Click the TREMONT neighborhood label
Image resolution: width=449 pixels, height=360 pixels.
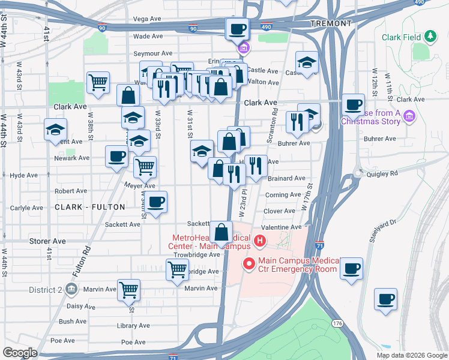pyautogui.click(x=331, y=23)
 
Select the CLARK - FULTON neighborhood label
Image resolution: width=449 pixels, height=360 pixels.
pyautogui.click(x=90, y=207)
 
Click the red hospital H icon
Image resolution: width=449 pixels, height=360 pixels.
pyautogui.click(x=260, y=242)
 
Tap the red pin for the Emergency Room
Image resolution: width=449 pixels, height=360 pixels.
pyautogui.click(x=247, y=263)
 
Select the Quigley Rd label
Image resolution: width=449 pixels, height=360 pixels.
pyautogui.click(x=385, y=173)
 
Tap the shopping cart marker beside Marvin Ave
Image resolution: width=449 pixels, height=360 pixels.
pyautogui.click(x=128, y=290)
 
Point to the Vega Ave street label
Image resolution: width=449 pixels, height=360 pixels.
pyautogui.click(x=148, y=19)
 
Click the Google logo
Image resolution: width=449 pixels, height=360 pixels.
pyautogui.click(x=20, y=353)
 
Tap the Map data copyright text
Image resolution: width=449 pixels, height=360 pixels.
pyautogui.click(x=411, y=355)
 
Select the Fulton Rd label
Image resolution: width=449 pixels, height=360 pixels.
pyautogui.click(x=82, y=262)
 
